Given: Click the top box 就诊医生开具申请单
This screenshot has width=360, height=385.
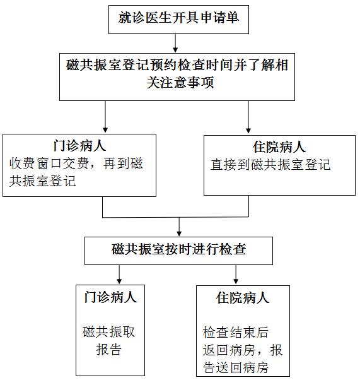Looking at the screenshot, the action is click(x=178, y=20).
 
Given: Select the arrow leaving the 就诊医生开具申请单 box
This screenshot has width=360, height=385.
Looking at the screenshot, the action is click(x=175, y=43).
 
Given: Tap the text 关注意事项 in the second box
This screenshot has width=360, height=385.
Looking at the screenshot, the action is click(x=180, y=82).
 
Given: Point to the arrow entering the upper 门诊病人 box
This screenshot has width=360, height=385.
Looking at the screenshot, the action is click(x=105, y=117).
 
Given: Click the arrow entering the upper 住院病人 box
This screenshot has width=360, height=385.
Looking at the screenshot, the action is click(x=248, y=117).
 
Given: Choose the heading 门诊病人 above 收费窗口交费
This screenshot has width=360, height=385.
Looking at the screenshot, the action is click(x=79, y=146).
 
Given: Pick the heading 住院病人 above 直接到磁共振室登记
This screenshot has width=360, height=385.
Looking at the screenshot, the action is click(x=279, y=147).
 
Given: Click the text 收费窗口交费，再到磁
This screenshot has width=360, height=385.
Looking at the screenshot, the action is click(x=76, y=163).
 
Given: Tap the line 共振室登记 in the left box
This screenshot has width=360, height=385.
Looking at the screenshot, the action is click(x=42, y=181).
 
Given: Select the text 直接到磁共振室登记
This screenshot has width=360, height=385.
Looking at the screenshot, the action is click(x=270, y=165).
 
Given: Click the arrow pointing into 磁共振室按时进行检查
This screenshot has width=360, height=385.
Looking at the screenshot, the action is click(x=179, y=227).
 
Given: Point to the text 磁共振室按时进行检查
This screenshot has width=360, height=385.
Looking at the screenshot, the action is click(x=179, y=249).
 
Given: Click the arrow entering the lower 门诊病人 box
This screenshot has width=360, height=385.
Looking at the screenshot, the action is click(x=119, y=275).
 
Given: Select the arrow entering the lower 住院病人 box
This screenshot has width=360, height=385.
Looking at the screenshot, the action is click(x=236, y=275).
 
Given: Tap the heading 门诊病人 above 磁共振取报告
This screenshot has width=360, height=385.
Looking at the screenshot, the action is click(x=110, y=297).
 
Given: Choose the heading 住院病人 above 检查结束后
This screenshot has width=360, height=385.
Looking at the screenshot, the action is click(x=243, y=298).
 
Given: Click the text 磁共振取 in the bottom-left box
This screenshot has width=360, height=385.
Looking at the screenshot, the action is click(x=109, y=332).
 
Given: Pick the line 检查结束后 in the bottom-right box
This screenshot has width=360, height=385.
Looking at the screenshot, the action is click(x=236, y=333).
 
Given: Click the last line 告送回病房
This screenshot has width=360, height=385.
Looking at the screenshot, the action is click(x=236, y=367).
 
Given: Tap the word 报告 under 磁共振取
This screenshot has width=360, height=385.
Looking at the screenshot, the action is click(x=109, y=350).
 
